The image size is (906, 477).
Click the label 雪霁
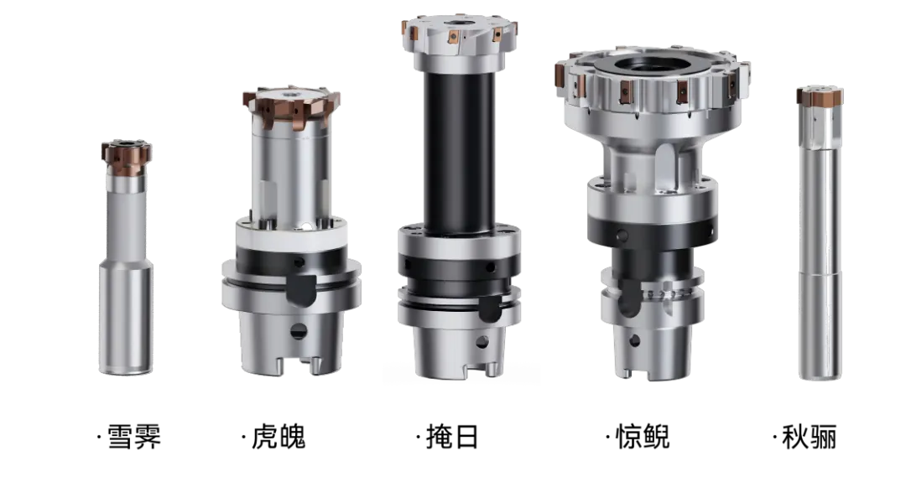pyautogui.click(x=134, y=437)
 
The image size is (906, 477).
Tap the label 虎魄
pyautogui.click(x=278, y=437)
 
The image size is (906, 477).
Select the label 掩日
pyautogui.click(x=452, y=437)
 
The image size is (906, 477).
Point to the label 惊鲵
pyautogui.click(x=643, y=437)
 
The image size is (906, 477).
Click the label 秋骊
pyautogui.click(x=809, y=437)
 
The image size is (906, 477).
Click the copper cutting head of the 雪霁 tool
pyautogui.click(x=127, y=158)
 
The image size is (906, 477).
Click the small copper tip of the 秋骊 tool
pyautogui.click(x=820, y=96)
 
